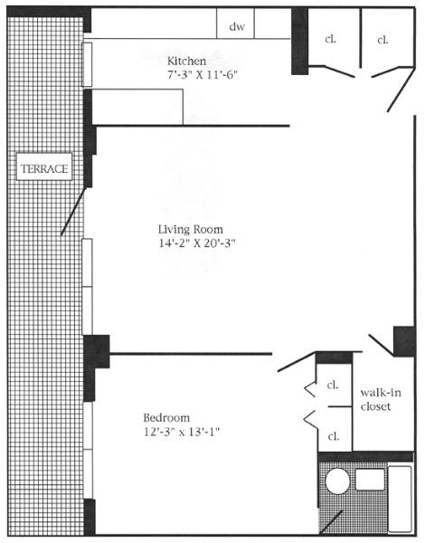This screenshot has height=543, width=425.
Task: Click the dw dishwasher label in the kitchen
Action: click(x=237, y=27)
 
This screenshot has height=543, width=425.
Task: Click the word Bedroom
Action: click(x=166, y=417)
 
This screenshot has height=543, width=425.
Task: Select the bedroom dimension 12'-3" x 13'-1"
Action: click(x=181, y=432)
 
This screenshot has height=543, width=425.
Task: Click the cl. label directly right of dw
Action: click(x=330, y=39)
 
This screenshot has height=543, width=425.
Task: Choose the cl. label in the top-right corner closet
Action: click(x=382, y=39)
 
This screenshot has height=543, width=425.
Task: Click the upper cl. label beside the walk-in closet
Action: click(x=333, y=385)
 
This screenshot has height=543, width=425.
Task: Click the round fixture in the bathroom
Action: click(x=338, y=481)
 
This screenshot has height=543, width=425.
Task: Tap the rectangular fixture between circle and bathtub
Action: click(x=370, y=480)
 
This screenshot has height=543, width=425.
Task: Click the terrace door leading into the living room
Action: click(x=74, y=208)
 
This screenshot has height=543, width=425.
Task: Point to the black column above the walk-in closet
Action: click(x=402, y=342)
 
